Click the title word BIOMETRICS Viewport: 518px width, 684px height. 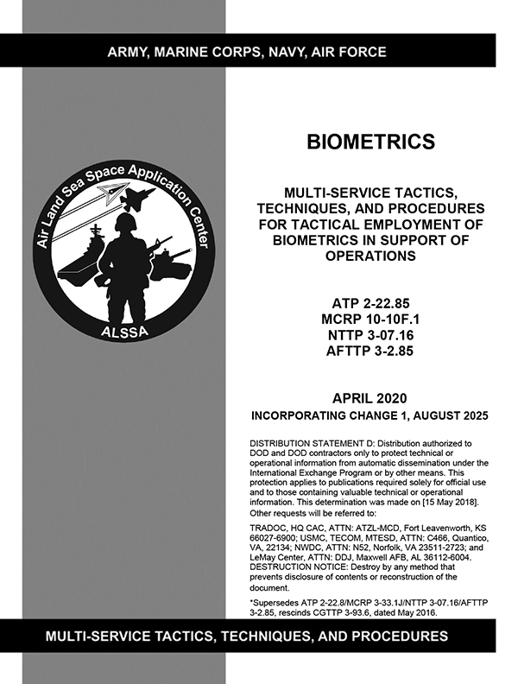coord(370,141)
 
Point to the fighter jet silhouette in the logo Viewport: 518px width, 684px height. coord(136,198)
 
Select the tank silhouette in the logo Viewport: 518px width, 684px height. coord(170,257)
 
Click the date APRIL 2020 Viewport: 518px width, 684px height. coord(370,397)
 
